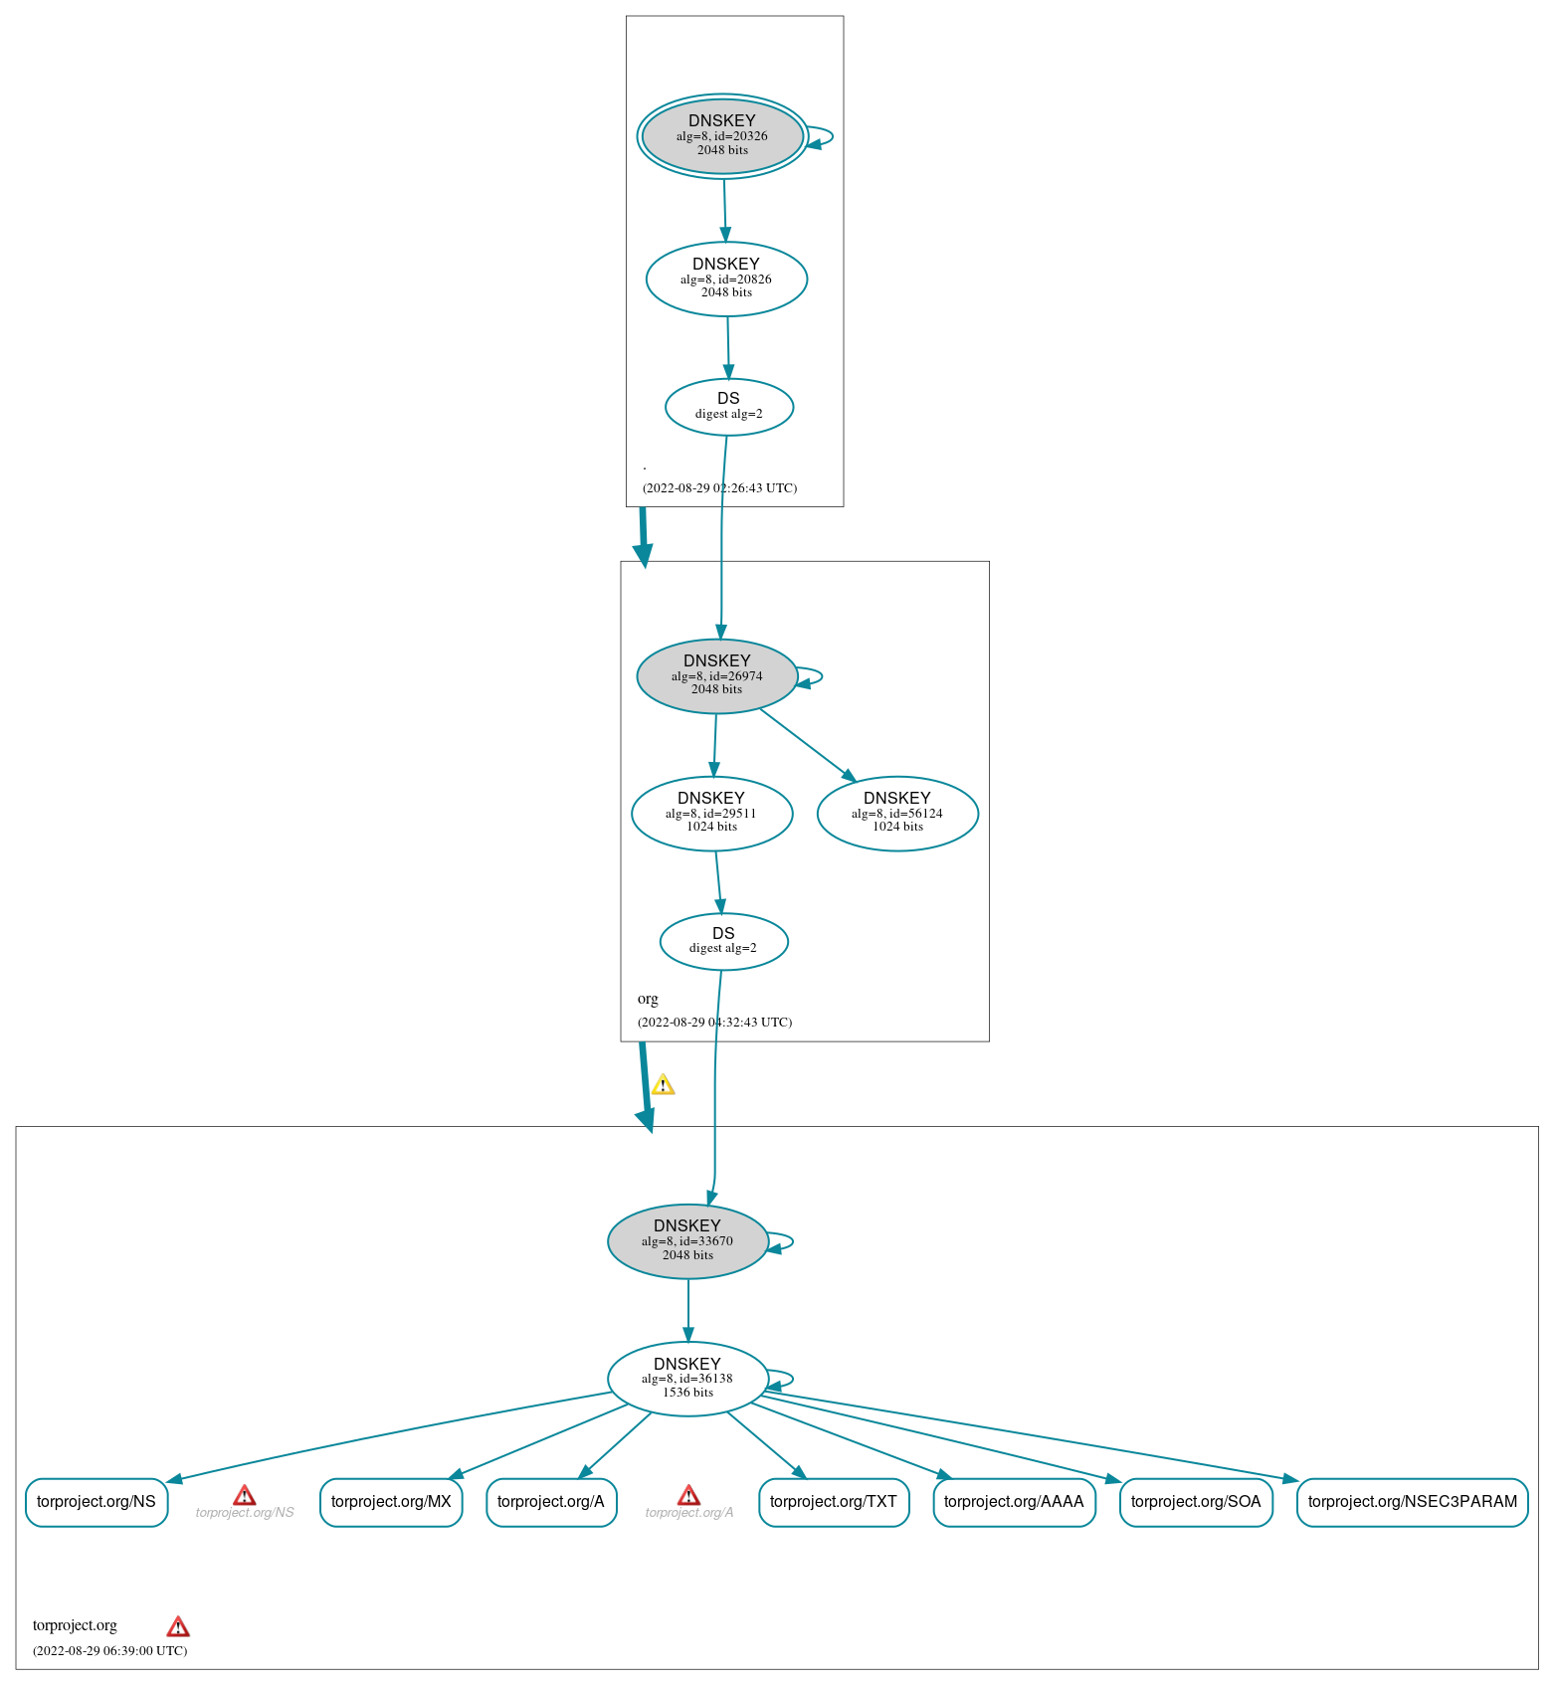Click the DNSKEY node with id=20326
pos(722,136)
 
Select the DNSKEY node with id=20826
pos(726,279)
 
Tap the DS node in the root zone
pos(729,407)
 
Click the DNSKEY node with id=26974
pos(717,676)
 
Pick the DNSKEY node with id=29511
pos(712,814)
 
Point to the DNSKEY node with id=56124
pos(897,814)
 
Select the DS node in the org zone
pos(724,941)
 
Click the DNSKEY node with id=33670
pos(687,1241)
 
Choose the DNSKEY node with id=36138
pos(687,1379)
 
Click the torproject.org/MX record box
pos(391,1502)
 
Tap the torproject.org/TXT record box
pos(834,1502)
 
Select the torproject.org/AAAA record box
pos(1014,1502)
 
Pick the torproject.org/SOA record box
pos(1196,1502)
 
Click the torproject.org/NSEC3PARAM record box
pos(1413,1502)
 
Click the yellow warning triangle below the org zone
pos(663,1084)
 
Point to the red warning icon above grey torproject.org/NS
pos(244,1495)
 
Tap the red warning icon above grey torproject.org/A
pos(688,1495)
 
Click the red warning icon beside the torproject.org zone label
pos(178,1626)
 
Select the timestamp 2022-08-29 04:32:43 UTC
pos(715,1022)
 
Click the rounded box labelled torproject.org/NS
pos(97,1502)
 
